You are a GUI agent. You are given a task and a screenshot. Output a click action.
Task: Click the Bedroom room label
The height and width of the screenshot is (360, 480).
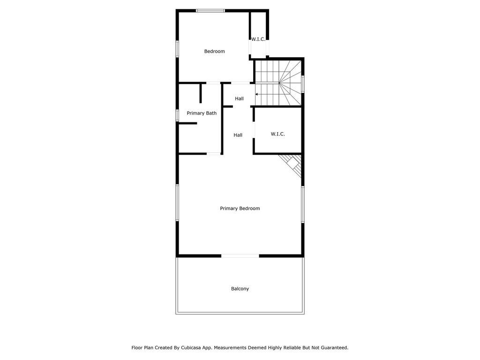point(214,51)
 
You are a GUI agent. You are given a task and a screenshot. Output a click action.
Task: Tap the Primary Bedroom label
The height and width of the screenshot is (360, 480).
point(240,209)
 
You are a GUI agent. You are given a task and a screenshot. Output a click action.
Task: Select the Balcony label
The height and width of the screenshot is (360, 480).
point(240,289)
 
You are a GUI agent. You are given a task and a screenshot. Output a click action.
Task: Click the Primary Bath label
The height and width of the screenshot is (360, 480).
point(202,113)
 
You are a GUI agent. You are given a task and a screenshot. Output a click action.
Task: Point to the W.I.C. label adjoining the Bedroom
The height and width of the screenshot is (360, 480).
point(258,39)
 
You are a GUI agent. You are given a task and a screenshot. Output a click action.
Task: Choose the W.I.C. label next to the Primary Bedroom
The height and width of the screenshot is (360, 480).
point(277,134)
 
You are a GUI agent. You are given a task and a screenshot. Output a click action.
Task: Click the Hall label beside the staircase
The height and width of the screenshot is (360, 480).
point(239,98)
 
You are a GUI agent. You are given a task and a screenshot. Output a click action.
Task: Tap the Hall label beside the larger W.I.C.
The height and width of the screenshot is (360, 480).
point(238,135)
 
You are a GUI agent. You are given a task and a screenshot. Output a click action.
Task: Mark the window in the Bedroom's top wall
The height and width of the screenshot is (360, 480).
point(210,11)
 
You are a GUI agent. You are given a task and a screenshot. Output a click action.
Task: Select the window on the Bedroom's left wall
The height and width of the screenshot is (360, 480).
point(177,49)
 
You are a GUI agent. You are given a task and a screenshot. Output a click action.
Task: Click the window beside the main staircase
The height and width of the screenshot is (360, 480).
point(303,84)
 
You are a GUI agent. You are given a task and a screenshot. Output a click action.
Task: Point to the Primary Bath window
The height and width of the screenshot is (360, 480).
point(177,115)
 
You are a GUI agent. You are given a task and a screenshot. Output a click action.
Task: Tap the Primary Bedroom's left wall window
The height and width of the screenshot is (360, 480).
point(177,202)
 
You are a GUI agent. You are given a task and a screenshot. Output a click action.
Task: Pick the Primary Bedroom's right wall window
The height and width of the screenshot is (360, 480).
point(303,204)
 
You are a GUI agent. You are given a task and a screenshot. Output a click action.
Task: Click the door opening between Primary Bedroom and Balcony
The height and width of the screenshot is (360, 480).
point(240,256)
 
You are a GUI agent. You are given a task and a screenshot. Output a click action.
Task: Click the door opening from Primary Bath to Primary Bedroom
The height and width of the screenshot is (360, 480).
point(214,153)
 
